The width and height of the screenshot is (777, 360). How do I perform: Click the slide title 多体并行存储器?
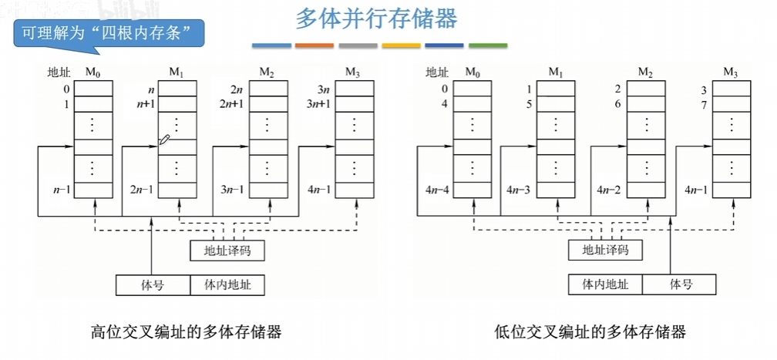[x=377, y=20]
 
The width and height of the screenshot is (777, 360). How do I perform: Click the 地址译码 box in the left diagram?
[x=227, y=251]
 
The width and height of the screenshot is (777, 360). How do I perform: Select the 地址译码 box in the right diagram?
[x=605, y=250]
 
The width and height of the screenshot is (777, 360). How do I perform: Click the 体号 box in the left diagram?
[x=153, y=285]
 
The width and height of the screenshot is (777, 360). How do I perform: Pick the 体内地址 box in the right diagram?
[x=605, y=284]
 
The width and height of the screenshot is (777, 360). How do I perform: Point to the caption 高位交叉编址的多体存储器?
[x=187, y=331]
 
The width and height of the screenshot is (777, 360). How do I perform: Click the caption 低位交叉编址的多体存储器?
[x=590, y=331]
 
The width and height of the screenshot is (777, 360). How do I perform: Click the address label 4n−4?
[x=437, y=190]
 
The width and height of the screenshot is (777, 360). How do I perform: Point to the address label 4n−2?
[x=608, y=190]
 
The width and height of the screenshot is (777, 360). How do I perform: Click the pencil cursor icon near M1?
[x=164, y=140]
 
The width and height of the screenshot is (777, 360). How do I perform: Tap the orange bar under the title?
[x=314, y=45]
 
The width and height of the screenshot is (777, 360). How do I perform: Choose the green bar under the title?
[x=488, y=45]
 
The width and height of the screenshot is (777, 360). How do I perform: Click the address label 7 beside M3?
[x=705, y=106]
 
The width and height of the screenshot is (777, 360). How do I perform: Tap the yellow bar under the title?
[x=402, y=45]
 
